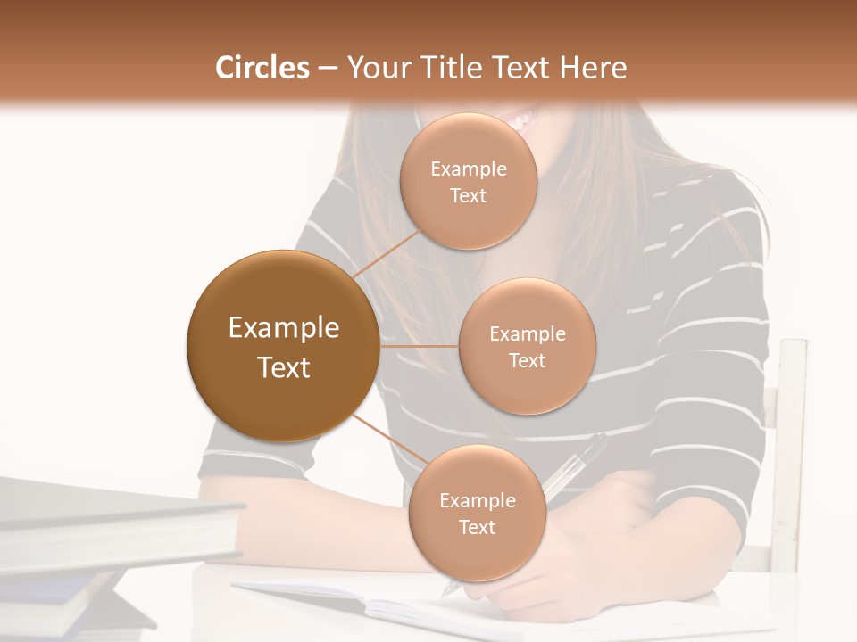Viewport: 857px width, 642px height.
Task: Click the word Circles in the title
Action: tap(262, 68)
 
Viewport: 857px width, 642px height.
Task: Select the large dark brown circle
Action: tap(284, 346)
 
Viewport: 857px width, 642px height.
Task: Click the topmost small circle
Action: tap(468, 182)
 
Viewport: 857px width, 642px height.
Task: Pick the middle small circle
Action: tap(527, 347)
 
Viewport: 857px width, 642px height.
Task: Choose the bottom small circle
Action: tap(477, 514)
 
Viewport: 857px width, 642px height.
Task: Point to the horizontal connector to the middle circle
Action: tap(420, 345)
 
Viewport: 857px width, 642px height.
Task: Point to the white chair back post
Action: tap(790, 446)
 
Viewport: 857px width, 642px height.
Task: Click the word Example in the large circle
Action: tap(284, 328)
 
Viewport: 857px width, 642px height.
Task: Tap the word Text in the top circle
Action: tap(468, 196)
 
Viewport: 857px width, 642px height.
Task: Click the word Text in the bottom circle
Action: tap(477, 528)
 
